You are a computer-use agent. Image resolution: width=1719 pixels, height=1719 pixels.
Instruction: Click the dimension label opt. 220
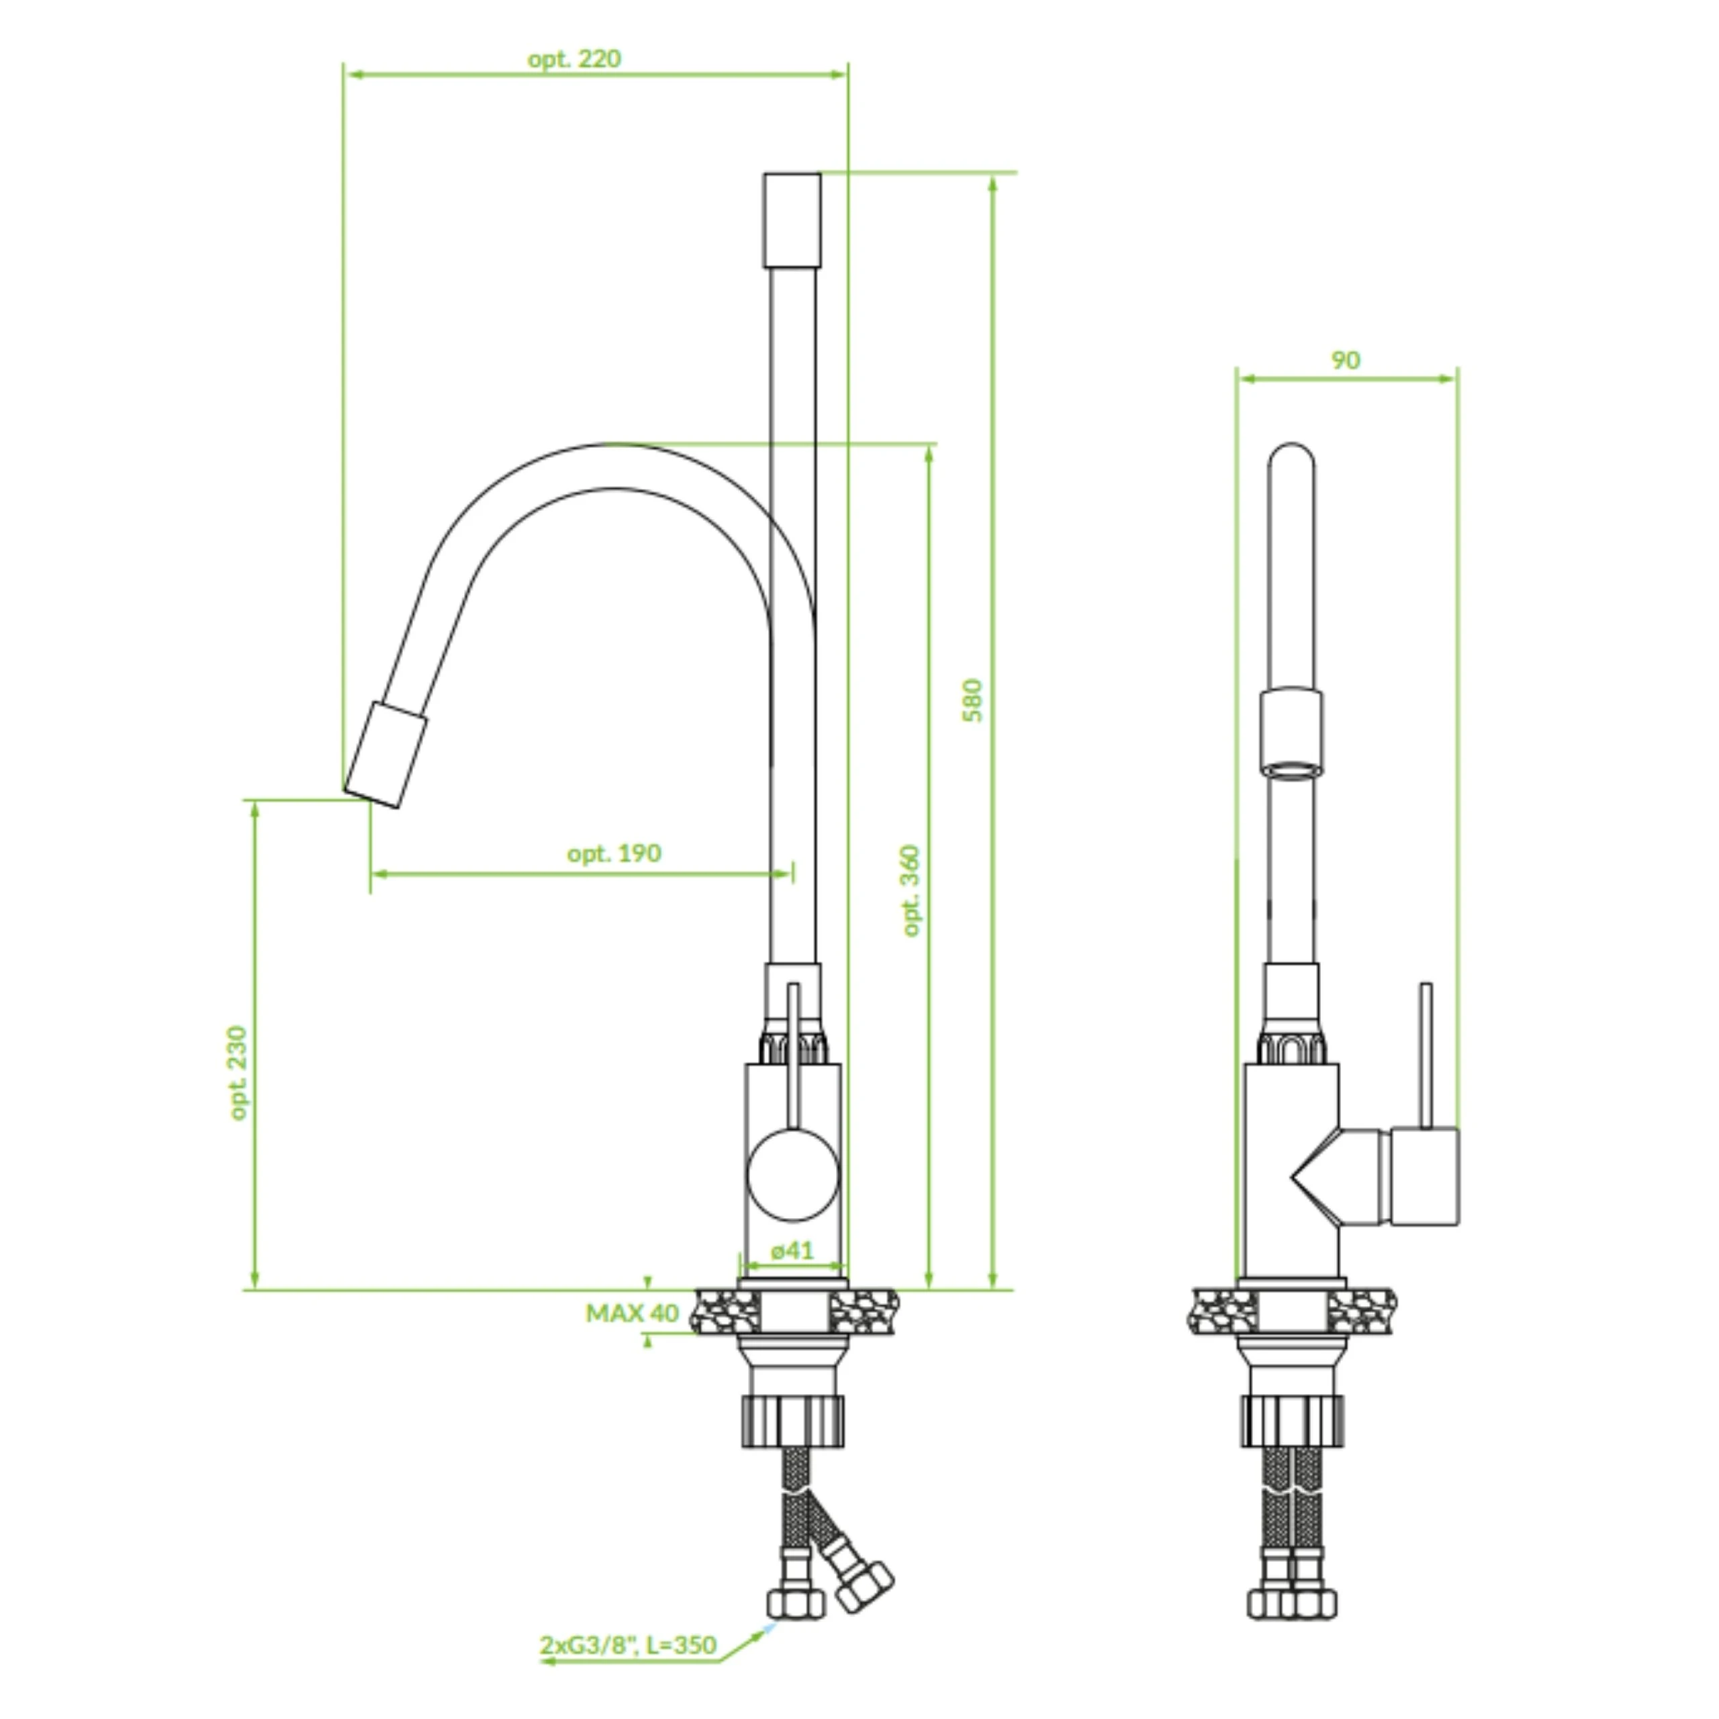point(574,60)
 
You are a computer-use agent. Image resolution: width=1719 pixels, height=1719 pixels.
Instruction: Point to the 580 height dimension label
point(974,700)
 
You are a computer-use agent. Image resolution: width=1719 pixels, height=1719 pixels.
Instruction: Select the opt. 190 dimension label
point(614,853)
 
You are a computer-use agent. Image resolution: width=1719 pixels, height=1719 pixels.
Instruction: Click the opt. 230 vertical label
point(238,1073)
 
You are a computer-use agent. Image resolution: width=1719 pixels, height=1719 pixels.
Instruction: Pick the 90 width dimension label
point(1345,361)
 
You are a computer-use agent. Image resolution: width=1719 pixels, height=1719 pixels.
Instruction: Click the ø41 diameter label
point(792,1250)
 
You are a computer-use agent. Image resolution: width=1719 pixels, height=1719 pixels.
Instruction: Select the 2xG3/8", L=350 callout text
point(628,1644)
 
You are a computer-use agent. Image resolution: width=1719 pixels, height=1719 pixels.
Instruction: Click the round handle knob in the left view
point(793,1174)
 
